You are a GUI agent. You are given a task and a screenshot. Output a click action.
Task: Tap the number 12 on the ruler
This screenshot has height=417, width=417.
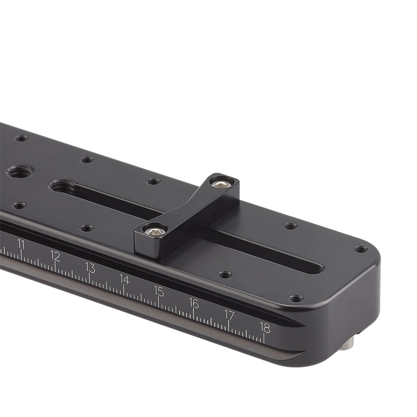click(55, 256)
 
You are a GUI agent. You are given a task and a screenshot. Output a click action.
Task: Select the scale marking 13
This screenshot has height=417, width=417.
click(90, 267)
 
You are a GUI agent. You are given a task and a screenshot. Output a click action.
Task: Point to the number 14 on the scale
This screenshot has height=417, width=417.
click(124, 279)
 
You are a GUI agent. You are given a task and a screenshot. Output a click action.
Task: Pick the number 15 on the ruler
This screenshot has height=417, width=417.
click(159, 291)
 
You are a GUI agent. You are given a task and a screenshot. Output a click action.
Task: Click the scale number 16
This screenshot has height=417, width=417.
click(194, 303)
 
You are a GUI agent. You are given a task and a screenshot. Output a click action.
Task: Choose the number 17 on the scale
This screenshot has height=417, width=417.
click(229, 315)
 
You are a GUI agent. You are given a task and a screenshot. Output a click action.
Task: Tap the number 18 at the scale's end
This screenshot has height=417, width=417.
click(265, 327)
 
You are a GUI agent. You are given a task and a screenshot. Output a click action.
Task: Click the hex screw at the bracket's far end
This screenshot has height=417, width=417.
click(221, 183)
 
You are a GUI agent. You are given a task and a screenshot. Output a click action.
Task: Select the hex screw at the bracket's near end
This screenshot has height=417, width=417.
click(155, 229)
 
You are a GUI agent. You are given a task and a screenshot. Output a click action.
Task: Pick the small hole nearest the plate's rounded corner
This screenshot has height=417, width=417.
click(361, 249)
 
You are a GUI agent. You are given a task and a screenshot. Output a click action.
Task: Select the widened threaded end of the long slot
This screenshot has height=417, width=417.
click(63, 186)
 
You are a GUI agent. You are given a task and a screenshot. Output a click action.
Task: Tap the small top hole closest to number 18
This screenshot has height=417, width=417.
click(296, 299)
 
